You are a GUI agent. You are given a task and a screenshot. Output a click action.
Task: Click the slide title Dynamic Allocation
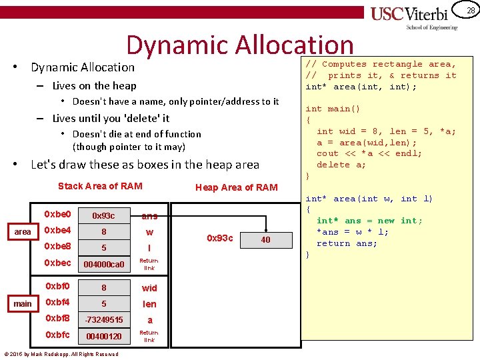point(240,45)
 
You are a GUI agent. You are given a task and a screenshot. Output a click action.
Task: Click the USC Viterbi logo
point(414,17)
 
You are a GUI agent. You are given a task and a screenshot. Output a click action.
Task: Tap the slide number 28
point(471,10)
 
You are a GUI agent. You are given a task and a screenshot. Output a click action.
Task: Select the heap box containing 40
point(265,239)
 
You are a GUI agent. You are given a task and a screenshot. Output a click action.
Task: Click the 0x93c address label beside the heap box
point(220,239)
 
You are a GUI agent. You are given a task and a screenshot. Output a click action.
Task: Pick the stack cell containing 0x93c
point(103,215)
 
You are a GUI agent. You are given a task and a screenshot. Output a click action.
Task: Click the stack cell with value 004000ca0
point(103,265)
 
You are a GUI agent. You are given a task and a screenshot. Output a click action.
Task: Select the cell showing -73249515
point(104,320)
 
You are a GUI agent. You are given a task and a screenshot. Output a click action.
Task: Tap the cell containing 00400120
point(104,337)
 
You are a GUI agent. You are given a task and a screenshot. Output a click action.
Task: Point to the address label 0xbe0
point(57,215)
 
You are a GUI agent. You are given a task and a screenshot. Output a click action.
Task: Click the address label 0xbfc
point(57,335)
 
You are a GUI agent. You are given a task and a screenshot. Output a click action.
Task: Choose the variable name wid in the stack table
point(149,288)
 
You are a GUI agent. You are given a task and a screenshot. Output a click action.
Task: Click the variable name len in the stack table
point(149,304)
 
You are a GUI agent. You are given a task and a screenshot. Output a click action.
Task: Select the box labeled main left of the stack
point(23,303)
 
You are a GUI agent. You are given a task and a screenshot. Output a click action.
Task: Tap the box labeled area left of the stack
point(23,231)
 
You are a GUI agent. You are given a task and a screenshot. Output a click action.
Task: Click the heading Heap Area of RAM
point(236,187)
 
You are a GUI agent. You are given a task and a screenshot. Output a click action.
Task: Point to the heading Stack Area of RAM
point(100,186)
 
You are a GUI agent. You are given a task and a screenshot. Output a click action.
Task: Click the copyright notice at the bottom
point(61,354)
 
